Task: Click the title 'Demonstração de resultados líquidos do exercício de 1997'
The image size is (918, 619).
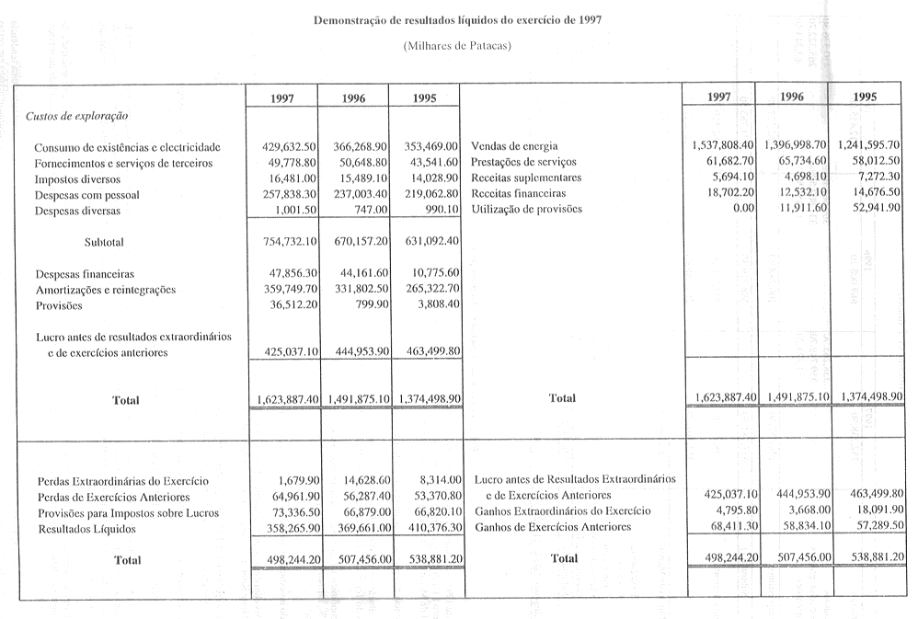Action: (x=458, y=19)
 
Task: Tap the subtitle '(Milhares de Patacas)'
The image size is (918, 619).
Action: (x=457, y=46)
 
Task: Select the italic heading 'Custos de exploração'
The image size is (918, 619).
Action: (x=76, y=117)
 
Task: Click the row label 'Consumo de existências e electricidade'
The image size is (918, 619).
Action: (x=127, y=147)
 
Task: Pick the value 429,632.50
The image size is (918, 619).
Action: (x=290, y=147)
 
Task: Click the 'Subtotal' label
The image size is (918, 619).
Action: (x=103, y=242)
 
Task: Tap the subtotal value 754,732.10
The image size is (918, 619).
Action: (x=290, y=242)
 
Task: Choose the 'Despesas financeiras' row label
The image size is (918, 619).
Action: (x=85, y=274)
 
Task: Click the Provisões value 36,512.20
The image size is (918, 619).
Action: (x=293, y=305)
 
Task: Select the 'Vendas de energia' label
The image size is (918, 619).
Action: (x=514, y=147)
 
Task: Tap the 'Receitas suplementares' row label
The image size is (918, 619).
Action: (x=526, y=178)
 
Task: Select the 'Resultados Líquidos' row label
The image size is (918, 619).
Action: (x=86, y=529)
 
